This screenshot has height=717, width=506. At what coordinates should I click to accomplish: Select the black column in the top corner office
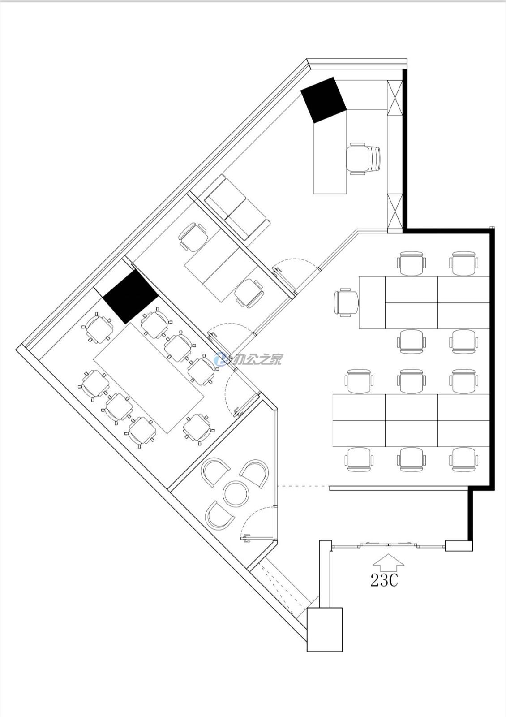324,100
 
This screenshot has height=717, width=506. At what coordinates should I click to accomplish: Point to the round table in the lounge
236,493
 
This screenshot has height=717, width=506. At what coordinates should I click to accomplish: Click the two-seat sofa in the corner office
237,208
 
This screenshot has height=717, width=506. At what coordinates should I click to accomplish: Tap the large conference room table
149,379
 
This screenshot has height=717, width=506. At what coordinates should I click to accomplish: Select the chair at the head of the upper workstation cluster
346,302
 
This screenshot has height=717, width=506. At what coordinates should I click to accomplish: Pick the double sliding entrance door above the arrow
388,544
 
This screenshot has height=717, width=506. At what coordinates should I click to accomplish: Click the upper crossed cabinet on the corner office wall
395,98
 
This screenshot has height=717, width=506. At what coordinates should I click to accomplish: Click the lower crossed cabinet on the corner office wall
395,211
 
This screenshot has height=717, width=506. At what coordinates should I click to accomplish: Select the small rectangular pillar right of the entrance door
459,546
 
